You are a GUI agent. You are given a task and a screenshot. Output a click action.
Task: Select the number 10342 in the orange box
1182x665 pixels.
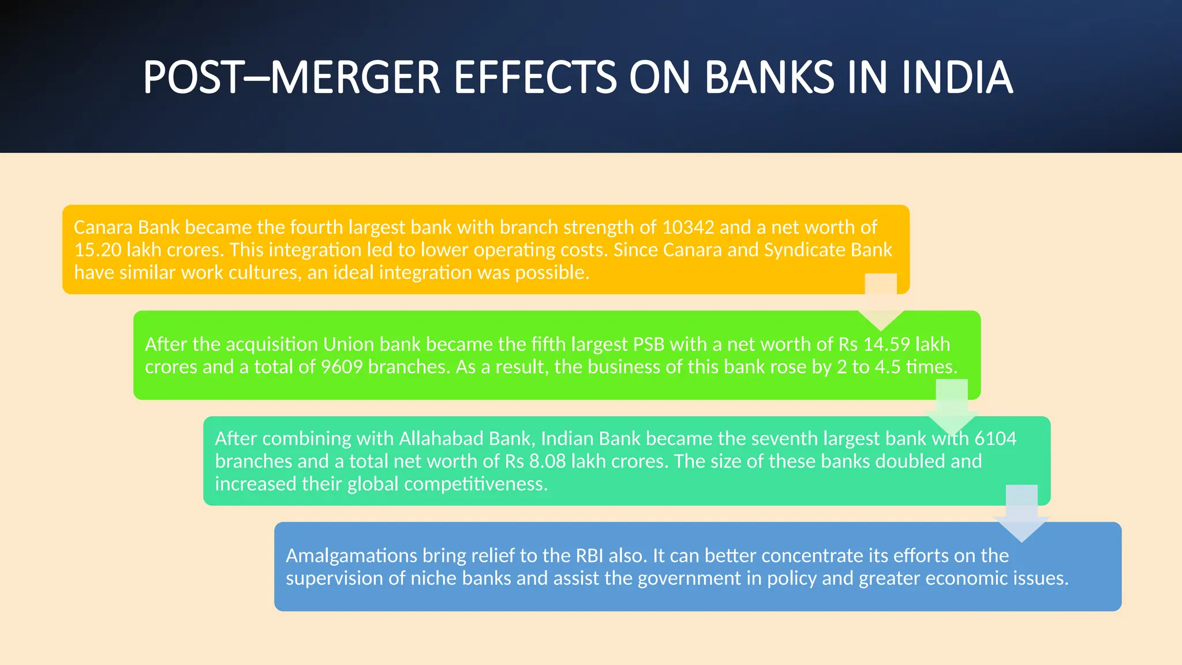688,227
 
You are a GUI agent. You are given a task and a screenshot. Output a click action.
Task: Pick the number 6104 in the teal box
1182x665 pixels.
995,439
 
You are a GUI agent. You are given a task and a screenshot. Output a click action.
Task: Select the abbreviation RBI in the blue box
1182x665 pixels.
589,556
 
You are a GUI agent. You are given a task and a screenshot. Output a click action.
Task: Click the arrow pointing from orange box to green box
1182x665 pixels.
881,303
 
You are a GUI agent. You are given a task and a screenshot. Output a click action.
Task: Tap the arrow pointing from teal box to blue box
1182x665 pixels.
1022,514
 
